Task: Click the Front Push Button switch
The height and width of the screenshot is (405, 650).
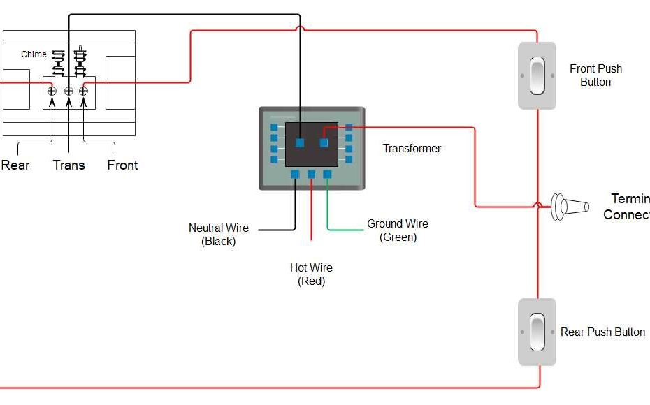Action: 537,75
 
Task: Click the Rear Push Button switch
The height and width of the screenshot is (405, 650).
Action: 537,332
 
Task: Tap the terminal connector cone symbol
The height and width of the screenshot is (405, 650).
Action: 569,207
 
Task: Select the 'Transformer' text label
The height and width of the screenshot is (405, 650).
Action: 412,148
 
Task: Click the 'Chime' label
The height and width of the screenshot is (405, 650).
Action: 34,54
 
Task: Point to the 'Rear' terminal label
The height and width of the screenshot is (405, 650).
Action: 15,165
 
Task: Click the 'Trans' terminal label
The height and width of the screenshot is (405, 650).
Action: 68,165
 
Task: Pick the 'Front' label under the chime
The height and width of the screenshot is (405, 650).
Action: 122,165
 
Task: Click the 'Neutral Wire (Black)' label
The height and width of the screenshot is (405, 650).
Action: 218,235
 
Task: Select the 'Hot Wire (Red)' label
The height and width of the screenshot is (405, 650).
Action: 311,274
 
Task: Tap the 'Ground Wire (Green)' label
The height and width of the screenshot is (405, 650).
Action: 398,230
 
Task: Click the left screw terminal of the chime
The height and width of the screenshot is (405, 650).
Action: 51,91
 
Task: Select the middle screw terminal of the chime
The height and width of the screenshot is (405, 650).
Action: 68,91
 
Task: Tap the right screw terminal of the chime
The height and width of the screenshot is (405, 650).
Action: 83,91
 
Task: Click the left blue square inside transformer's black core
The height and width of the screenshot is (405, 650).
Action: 299,142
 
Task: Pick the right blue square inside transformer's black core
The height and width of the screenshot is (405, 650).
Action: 324,142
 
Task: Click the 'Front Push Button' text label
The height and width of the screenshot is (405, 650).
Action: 595,75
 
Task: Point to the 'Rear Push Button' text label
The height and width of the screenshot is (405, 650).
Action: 602,332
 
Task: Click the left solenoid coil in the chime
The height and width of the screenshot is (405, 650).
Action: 59,63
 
